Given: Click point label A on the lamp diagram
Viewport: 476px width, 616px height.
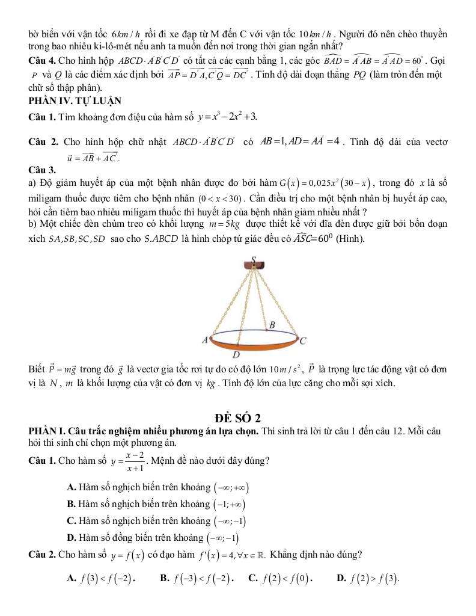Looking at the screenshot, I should (204, 340).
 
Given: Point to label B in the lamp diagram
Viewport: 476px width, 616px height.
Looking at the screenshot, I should (272, 325).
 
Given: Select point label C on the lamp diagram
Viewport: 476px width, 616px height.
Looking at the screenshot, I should (304, 341).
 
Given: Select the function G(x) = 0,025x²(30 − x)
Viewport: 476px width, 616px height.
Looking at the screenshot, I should (325, 183).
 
